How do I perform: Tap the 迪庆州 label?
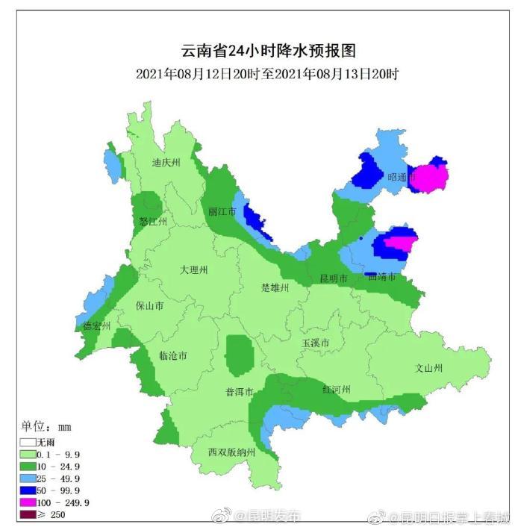pos(166,163)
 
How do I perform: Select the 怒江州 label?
pos(152,222)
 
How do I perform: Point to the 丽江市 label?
pos(222,212)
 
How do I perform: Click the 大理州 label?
pos(194,269)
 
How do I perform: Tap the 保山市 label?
pos(150,305)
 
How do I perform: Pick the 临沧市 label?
pos(173,355)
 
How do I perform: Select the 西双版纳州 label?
pos(232,452)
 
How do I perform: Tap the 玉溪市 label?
pos(316,343)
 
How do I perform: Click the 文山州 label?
pos(429,368)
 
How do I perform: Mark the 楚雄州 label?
pos(275,287)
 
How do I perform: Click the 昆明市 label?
pos(334,278)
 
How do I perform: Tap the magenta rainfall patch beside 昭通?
pos(431,177)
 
